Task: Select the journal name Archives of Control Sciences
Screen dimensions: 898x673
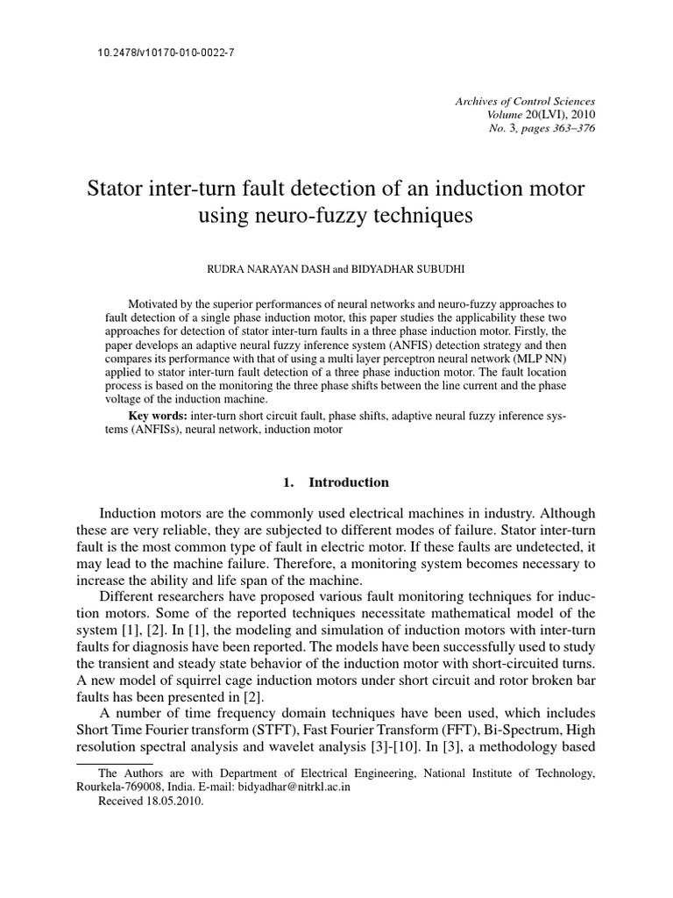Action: pos(525,102)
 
